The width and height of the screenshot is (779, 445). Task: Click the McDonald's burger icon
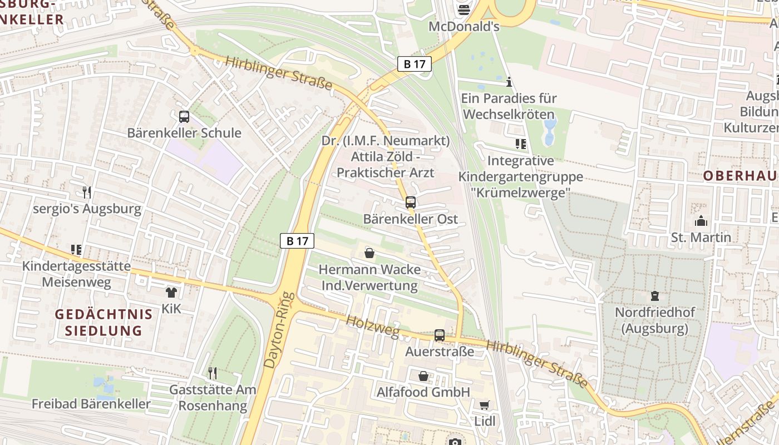[464, 9]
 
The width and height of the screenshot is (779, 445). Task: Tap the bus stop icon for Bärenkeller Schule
[184, 117]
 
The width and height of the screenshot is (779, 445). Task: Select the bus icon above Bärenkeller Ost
[411, 202]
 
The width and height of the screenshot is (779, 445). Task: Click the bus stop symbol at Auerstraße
[440, 335]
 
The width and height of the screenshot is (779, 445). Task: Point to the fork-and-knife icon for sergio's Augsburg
[87, 192]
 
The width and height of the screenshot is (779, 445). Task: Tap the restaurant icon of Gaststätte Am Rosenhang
[212, 373]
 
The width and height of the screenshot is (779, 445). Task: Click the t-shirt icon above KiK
[171, 292]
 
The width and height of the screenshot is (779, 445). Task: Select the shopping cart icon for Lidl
[485, 404]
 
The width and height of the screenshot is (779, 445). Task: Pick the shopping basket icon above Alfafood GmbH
[423, 376]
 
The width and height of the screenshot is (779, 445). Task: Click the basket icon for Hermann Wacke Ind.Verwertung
[369, 253]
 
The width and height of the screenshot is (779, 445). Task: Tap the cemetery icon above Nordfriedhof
[654, 296]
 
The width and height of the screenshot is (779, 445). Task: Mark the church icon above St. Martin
[701, 221]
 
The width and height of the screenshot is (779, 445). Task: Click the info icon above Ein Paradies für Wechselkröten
[509, 82]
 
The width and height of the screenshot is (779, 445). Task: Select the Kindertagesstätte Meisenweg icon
[76, 250]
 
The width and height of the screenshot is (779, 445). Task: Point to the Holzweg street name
[372, 327]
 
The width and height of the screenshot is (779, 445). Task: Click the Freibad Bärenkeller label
[91, 404]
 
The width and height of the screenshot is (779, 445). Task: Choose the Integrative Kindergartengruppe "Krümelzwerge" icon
[521, 144]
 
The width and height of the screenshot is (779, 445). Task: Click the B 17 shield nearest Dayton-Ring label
[297, 241]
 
